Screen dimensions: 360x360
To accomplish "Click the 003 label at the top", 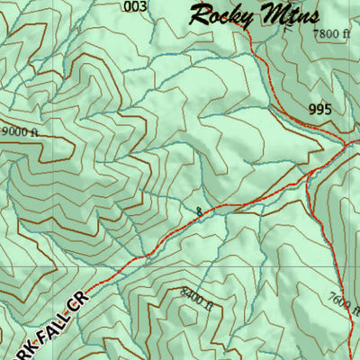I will pos(135,7).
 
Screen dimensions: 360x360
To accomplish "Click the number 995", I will pos(319,110).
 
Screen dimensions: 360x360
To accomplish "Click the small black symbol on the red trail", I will pos(198,211).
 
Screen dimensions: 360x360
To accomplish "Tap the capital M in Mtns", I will pos(265,14).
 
